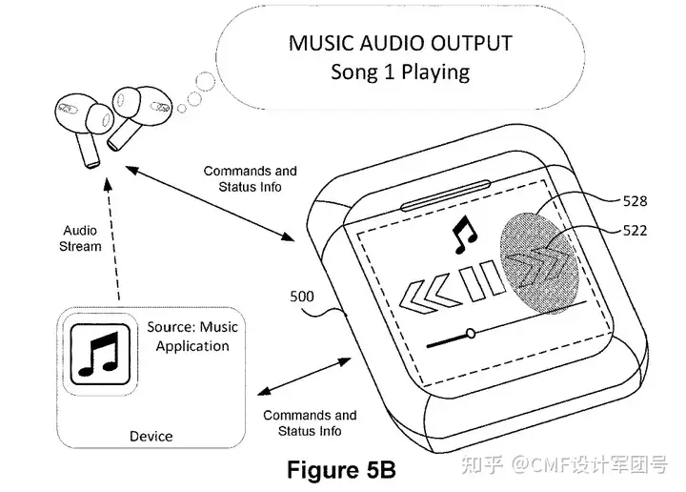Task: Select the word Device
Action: [x=151, y=436]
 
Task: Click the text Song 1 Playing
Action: [x=400, y=71]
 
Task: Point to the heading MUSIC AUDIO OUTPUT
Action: [x=400, y=43]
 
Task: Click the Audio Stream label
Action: [x=81, y=238]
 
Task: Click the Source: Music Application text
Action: [x=192, y=336]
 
